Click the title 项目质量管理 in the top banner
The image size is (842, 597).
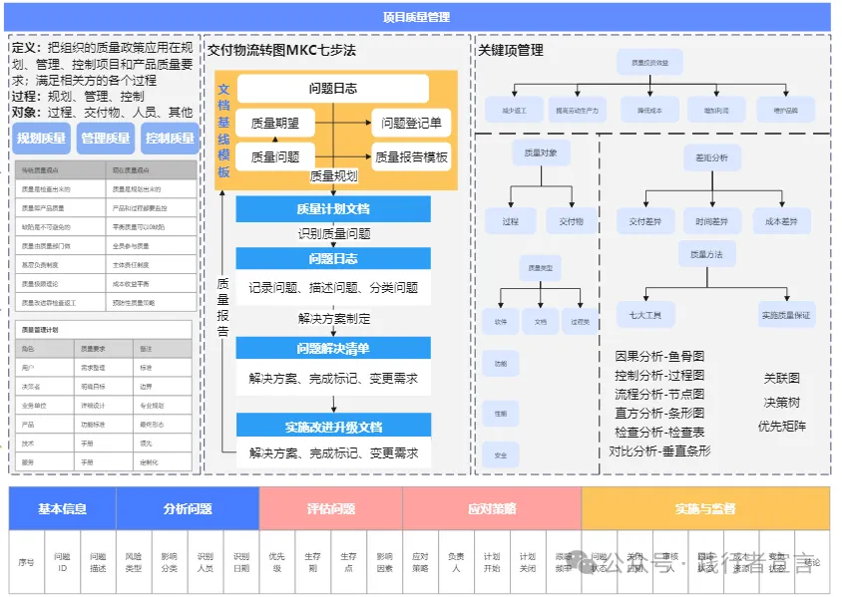click(416, 17)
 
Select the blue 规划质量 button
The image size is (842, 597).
click(42, 139)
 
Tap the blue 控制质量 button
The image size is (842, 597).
click(170, 139)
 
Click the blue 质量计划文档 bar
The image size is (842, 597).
click(333, 209)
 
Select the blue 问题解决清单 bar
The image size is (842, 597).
click(333, 349)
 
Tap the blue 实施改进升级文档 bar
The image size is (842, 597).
click(333, 427)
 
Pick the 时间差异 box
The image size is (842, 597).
click(711, 221)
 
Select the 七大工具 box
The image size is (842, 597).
click(645, 315)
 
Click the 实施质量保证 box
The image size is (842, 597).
click(786, 315)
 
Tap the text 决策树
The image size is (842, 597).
click(782, 403)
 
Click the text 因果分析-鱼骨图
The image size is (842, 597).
click(659, 356)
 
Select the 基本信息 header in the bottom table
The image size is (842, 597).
click(62, 508)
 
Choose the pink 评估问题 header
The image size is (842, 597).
click(330, 508)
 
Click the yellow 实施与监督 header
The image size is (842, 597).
click(704, 508)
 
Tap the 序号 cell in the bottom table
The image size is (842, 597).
click(26, 563)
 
